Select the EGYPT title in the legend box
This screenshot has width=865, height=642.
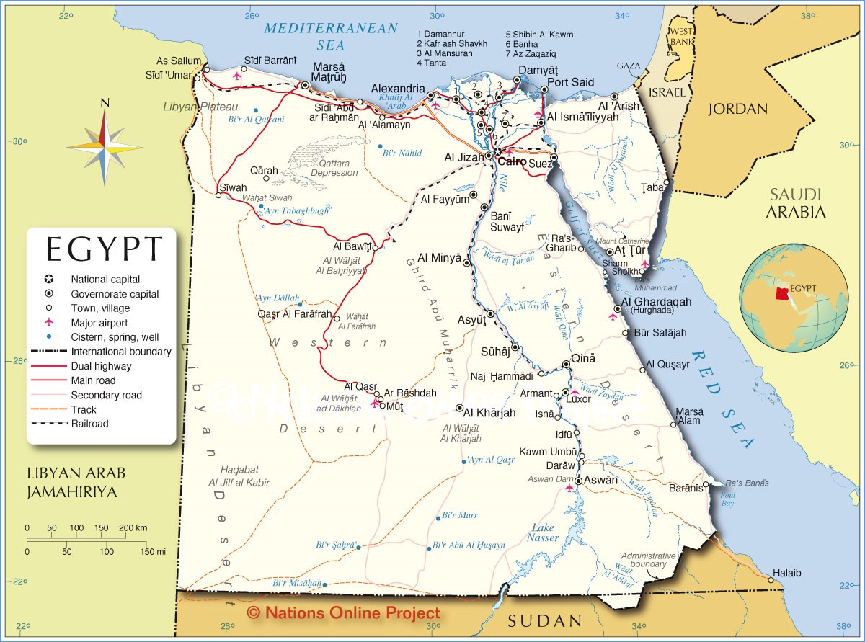click(x=105, y=249)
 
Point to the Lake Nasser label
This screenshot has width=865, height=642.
click(x=542, y=532)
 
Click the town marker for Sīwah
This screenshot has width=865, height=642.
click(x=219, y=195)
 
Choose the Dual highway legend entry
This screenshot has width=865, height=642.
click(x=101, y=366)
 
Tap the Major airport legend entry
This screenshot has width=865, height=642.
click(x=99, y=323)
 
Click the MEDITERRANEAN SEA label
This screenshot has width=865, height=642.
click(x=331, y=36)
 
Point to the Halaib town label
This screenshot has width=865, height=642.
click(x=786, y=574)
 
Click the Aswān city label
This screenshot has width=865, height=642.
click(x=601, y=480)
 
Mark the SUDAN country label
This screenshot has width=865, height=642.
click(x=544, y=621)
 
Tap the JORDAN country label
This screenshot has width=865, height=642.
click(x=737, y=109)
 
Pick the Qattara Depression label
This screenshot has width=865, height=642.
click(x=334, y=168)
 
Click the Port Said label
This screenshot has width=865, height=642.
click(x=571, y=82)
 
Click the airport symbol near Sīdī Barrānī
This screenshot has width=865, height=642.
click(x=237, y=76)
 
